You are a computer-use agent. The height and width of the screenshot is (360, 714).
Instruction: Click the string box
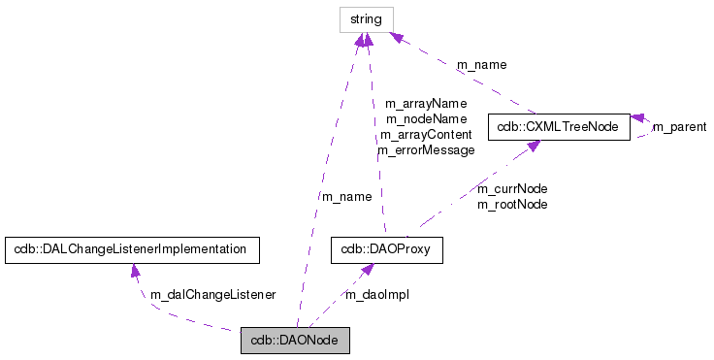(366, 18)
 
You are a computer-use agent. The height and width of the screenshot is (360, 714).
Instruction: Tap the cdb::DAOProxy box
(387, 249)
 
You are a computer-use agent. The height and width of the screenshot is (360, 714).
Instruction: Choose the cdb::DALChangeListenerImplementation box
(132, 249)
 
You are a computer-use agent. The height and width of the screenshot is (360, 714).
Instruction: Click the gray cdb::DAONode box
(294, 341)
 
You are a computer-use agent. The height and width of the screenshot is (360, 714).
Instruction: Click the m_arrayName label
(426, 103)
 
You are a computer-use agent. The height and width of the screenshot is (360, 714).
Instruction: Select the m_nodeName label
(426, 118)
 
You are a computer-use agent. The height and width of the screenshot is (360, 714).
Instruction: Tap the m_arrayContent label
(426, 135)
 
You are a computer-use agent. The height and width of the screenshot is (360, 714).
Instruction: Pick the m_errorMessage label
(426, 150)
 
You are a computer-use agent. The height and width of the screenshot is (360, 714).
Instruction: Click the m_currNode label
(512, 188)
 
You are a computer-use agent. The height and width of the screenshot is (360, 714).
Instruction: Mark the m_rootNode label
(512, 204)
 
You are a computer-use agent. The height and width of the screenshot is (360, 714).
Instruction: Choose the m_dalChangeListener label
(212, 294)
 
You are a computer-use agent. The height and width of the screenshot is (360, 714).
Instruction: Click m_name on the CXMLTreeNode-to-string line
(482, 65)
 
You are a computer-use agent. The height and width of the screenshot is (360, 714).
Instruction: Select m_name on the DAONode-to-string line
(346, 196)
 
